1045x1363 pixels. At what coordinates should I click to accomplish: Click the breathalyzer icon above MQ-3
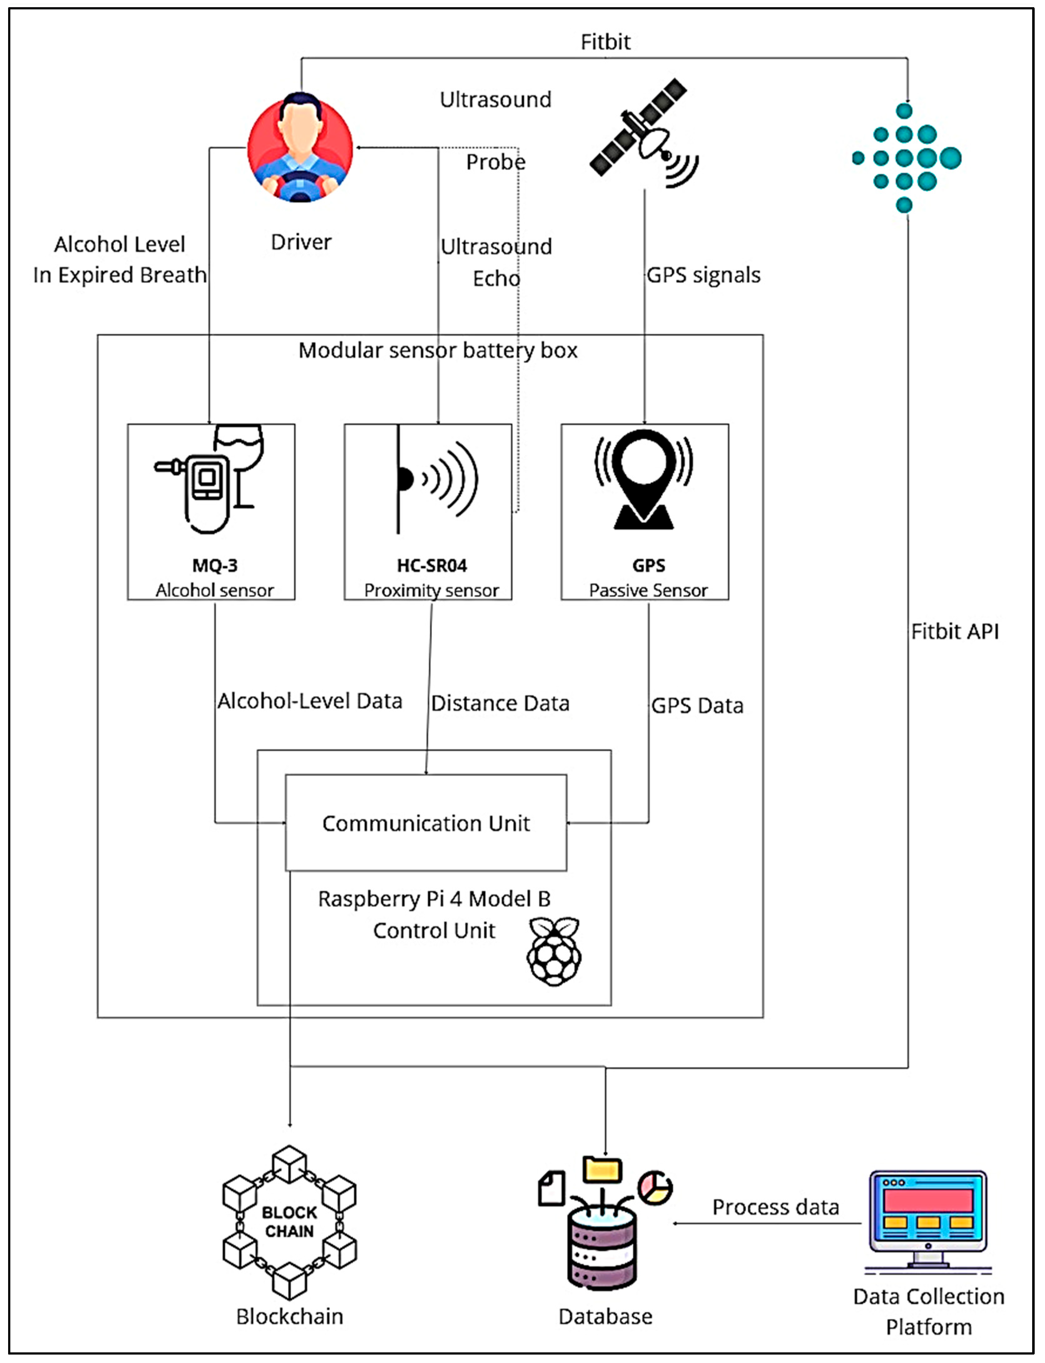[209, 479]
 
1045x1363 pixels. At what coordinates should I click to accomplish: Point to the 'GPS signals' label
[703, 275]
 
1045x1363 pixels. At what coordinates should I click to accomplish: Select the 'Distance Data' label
[500, 703]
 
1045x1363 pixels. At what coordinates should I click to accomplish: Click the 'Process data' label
[776, 1207]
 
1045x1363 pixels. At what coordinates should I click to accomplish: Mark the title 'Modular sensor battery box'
[438, 351]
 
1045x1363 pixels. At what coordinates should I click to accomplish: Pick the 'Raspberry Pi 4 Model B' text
[434, 899]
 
